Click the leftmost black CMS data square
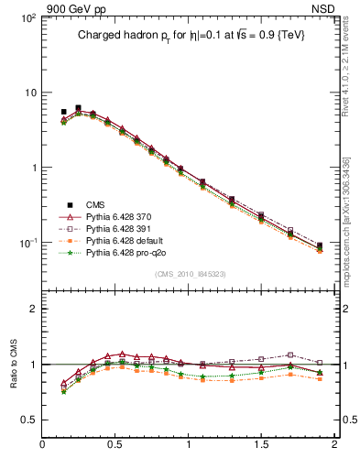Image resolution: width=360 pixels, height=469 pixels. point(63,112)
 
